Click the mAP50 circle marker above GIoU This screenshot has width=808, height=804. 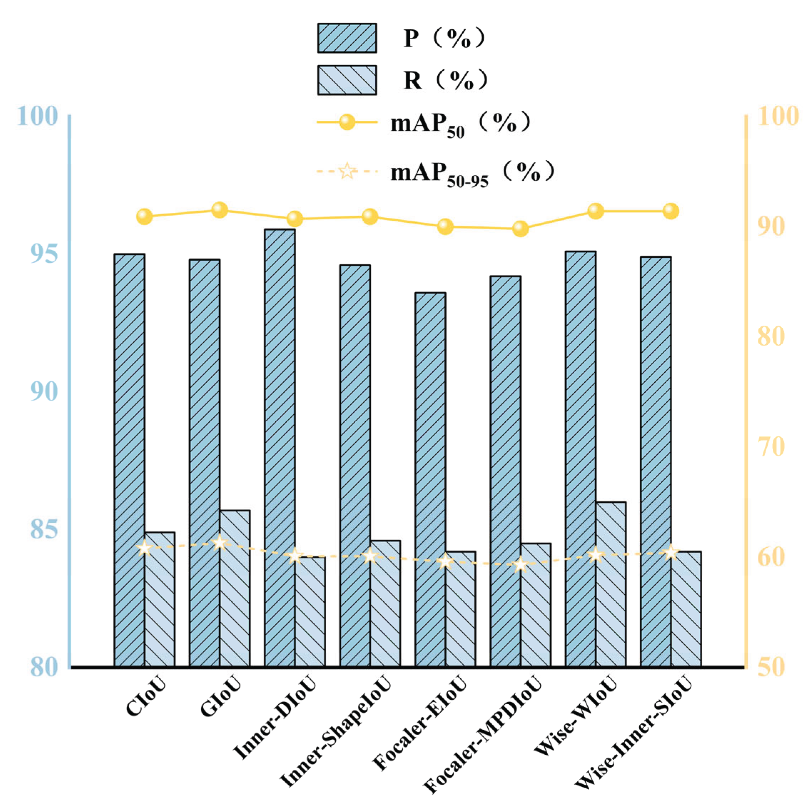tap(219, 210)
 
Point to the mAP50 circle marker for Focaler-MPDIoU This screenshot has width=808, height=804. tap(520, 228)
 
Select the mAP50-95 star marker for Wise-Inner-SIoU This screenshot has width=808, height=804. tap(671, 552)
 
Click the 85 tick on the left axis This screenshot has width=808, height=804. tap(44, 529)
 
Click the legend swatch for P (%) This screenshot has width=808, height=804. tap(347, 38)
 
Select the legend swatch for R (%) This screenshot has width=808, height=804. tap(347, 80)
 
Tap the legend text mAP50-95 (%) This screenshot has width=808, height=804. tap(473, 172)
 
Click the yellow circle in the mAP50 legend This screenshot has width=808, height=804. tap(347, 122)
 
